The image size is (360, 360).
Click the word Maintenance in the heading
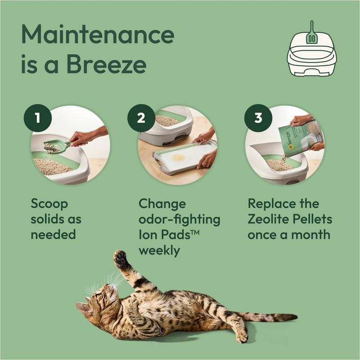97,35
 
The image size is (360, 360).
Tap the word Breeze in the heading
106,65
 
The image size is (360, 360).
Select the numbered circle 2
141,118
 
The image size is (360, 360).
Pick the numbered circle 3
258,118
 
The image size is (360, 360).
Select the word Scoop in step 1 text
49,204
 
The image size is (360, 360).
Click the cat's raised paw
120,258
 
